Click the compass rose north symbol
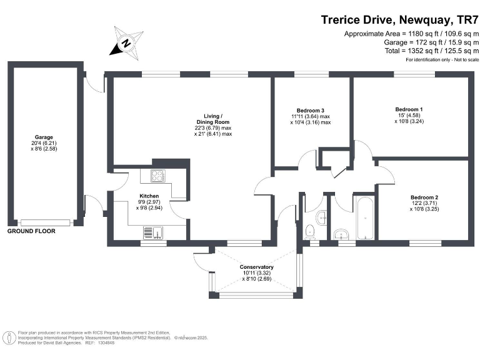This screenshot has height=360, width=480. (x=126, y=43)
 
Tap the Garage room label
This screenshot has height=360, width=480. (x=44, y=137)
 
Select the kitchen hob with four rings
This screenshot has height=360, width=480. (x=158, y=176)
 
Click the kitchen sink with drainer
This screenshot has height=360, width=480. (x=153, y=232)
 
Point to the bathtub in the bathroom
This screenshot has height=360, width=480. (x=365, y=218)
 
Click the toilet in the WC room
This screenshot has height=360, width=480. (x=310, y=232)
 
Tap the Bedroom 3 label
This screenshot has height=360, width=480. (x=311, y=111)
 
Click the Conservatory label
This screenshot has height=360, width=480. (x=256, y=267)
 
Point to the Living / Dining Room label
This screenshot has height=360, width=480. (x=213, y=119)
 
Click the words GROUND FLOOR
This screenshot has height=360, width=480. (x=31, y=231)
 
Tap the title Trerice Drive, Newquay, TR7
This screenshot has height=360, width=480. (x=399, y=20)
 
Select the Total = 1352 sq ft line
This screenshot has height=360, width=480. (x=432, y=51)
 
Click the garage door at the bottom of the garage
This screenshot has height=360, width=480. (x=45, y=222)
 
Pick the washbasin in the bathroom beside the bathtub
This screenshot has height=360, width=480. (x=341, y=234)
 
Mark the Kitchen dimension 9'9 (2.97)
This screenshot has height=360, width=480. (x=149, y=202)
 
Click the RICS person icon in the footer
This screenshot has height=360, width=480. (x=11, y=338)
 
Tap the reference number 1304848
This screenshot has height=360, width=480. (x=106, y=343)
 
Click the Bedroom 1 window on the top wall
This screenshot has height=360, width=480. (x=414, y=74)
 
